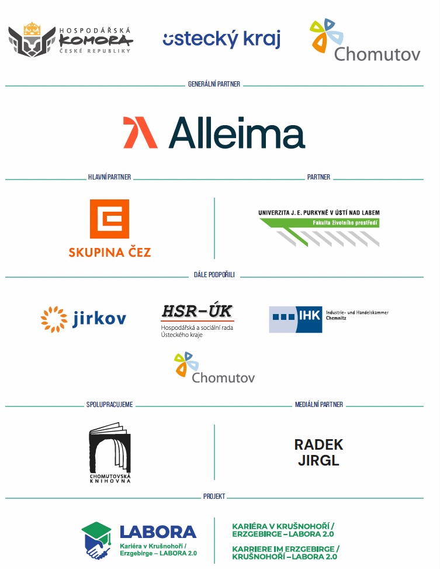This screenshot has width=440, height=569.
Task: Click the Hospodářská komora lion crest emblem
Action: click(32, 40)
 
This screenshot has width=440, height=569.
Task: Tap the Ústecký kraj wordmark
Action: click(221, 39)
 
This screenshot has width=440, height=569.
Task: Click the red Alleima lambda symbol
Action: click(140, 132)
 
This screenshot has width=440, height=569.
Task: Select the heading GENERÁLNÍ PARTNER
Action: click(214, 84)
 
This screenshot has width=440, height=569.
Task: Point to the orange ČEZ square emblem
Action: click(109, 219)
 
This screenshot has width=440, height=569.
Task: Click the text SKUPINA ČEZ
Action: click(109, 252)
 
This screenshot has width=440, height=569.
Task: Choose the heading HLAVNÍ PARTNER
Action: click(109, 177)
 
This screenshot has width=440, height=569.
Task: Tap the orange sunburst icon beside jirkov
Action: click(54, 319)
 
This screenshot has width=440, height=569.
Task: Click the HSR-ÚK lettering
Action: click(197, 311)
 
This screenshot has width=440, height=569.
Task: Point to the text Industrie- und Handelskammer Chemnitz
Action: click(357, 315)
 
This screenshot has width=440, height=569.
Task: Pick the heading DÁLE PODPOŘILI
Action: click(214, 275)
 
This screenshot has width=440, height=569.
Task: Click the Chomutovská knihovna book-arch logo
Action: click(110, 453)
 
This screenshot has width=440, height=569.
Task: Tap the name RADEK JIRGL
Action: click(318, 452)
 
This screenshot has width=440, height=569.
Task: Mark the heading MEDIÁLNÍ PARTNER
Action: click(319, 405)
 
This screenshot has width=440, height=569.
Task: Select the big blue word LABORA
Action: click(158, 532)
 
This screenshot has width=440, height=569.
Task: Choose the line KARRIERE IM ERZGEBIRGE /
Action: click(286, 549)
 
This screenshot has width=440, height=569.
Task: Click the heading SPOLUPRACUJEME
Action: click(109, 405)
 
